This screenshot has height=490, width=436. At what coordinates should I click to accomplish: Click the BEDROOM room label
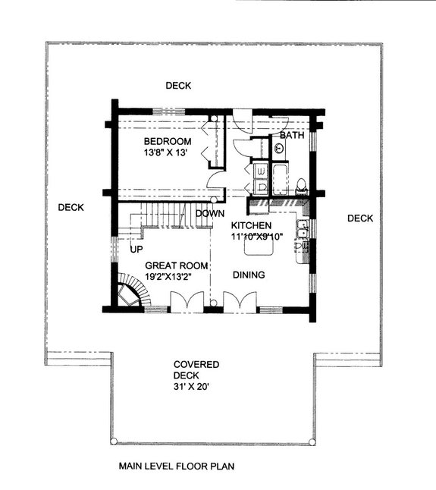tap(168, 141)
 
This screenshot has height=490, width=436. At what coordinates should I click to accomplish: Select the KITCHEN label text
tap(252, 226)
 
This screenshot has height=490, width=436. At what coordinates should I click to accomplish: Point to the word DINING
tap(249, 275)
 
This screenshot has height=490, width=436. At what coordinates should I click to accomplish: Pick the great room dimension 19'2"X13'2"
tap(175, 277)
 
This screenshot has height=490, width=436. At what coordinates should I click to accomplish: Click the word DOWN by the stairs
tap(209, 214)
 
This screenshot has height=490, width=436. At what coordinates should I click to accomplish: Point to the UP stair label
tap(136, 249)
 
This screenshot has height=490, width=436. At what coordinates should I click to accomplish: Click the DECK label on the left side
tap(71, 207)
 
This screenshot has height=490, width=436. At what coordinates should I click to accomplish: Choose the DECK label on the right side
tap(360, 218)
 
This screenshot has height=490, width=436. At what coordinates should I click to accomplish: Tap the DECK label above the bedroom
tap(179, 85)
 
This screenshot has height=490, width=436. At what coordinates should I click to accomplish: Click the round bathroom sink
tap(279, 149)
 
